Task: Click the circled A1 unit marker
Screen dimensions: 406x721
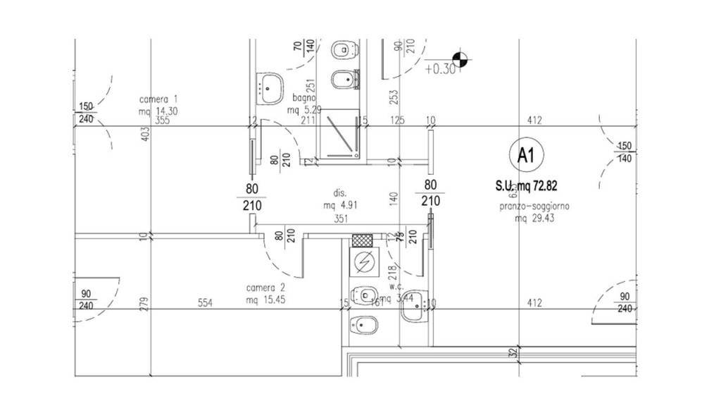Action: click(525, 155)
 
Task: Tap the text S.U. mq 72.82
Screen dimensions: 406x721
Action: click(527, 186)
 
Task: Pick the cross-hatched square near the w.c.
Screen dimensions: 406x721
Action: click(363, 240)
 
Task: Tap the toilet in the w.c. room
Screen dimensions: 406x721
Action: click(363, 295)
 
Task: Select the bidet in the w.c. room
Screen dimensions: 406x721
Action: click(363, 324)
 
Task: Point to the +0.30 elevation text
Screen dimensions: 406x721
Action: click(441, 69)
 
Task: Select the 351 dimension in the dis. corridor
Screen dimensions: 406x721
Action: click(341, 219)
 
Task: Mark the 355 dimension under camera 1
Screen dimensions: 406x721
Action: click(163, 121)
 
